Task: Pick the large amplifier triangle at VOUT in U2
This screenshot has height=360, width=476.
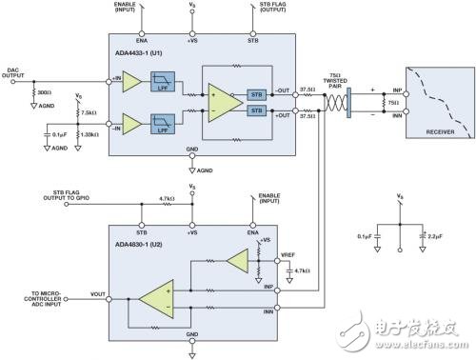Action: tap(155, 300)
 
